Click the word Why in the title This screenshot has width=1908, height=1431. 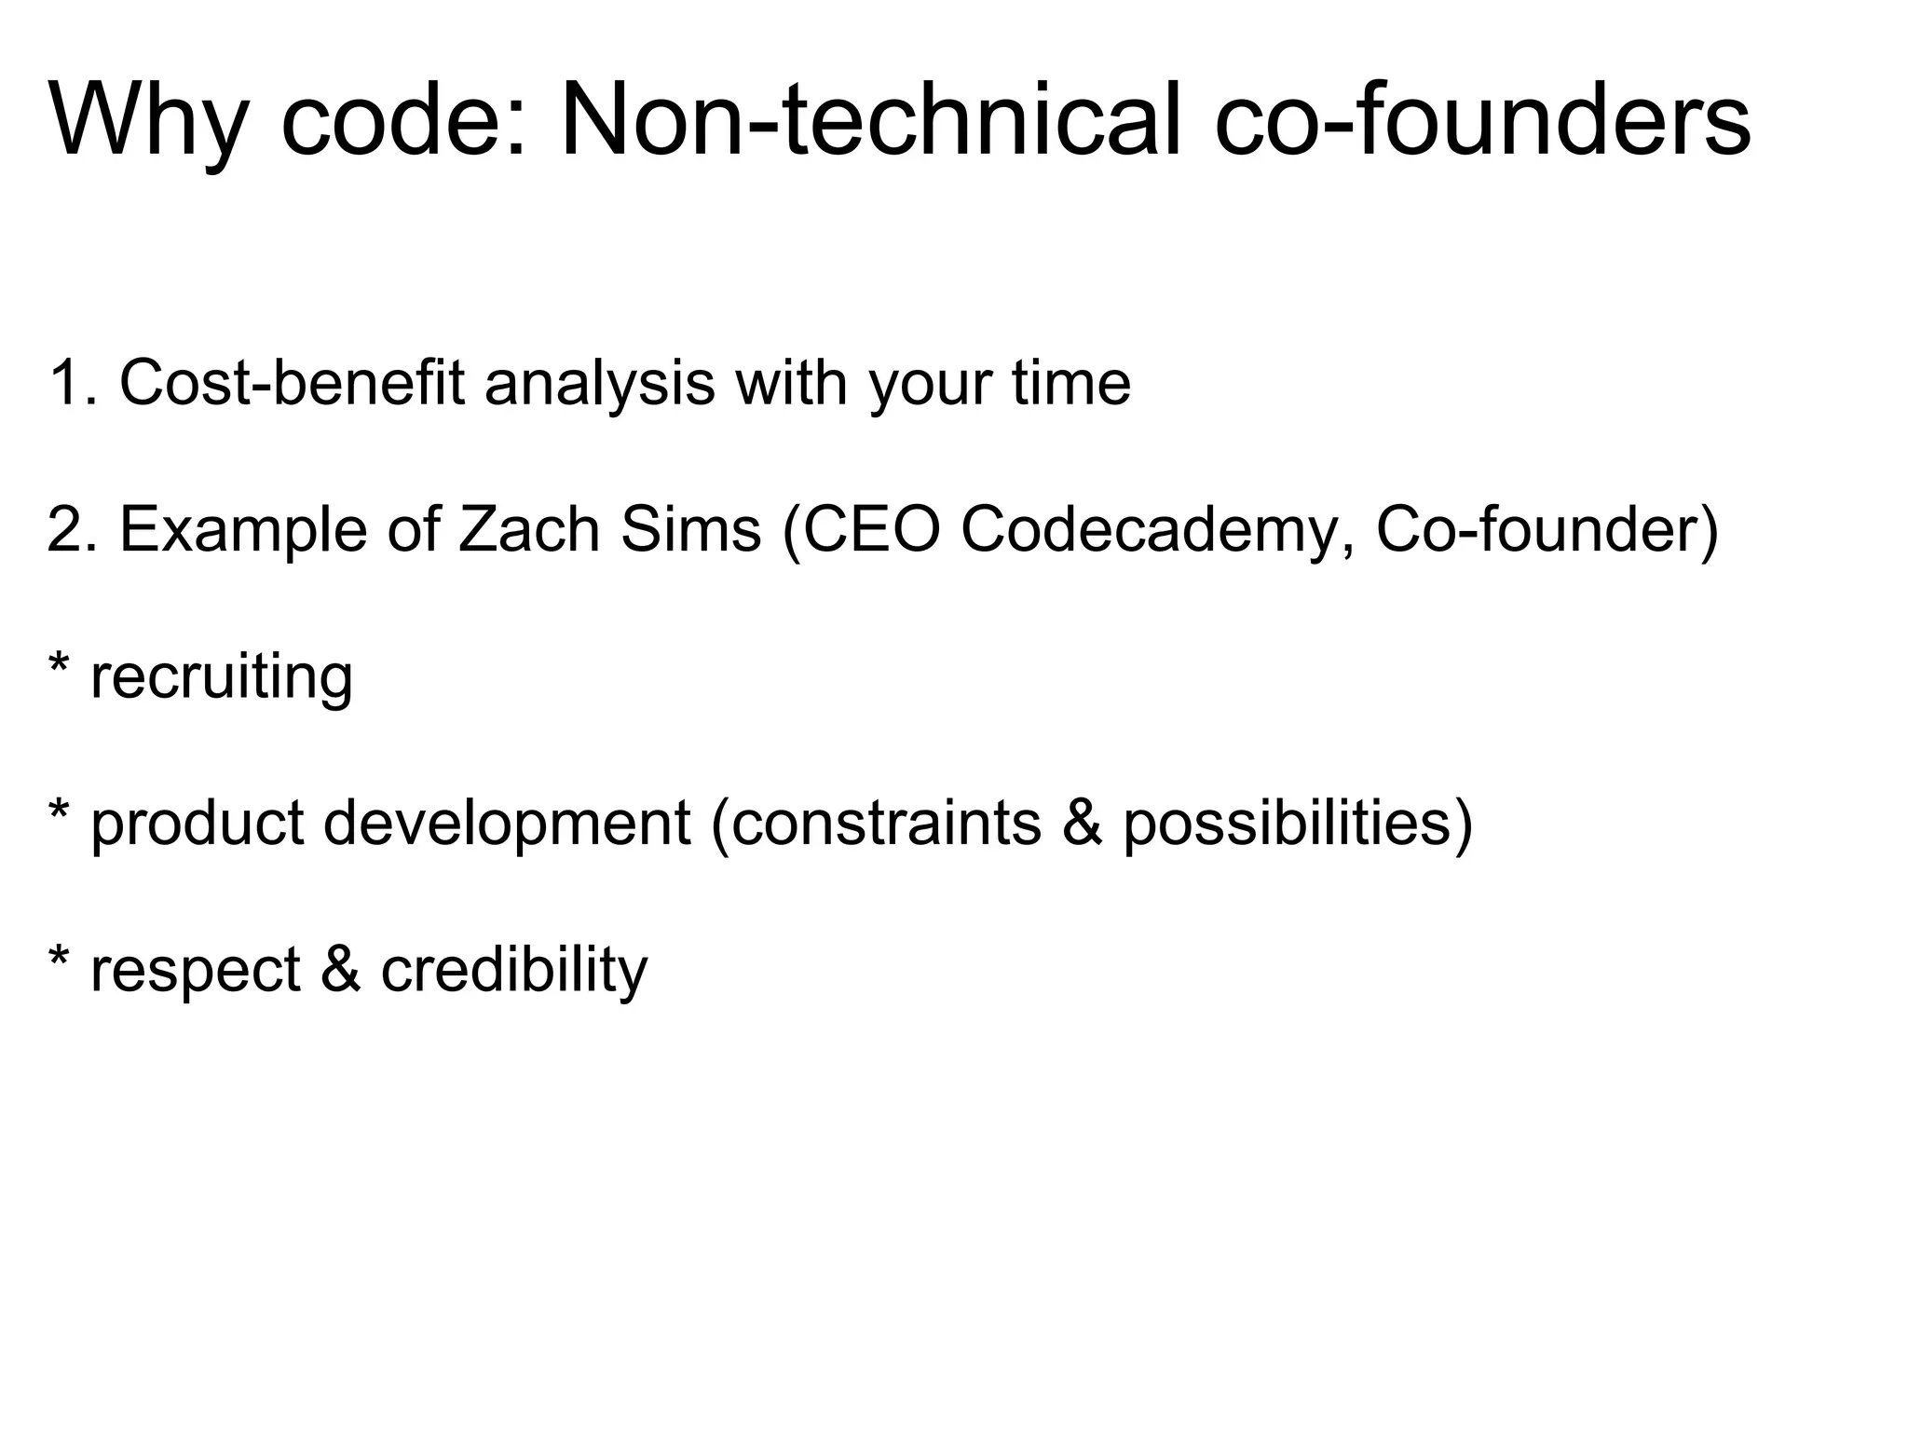pyautogui.click(x=148, y=121)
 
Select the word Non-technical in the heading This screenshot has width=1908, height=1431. pyautogui.click(x=870, y=121)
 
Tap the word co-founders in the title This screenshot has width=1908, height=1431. pyautogui.click(x=1482, y=121)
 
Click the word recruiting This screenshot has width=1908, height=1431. pyautogui.click(x=222, y=677)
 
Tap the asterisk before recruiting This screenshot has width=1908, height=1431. pyautogui.click(x=59, y=664)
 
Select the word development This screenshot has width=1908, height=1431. pyautogui.click(x=507, y=824)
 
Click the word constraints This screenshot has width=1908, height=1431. pyautogui.click(x=886, y=824)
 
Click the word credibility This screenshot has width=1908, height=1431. pyautogui.click(x=513, y=969)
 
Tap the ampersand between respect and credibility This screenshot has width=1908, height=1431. pyautogui.click(x=340, y=969)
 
